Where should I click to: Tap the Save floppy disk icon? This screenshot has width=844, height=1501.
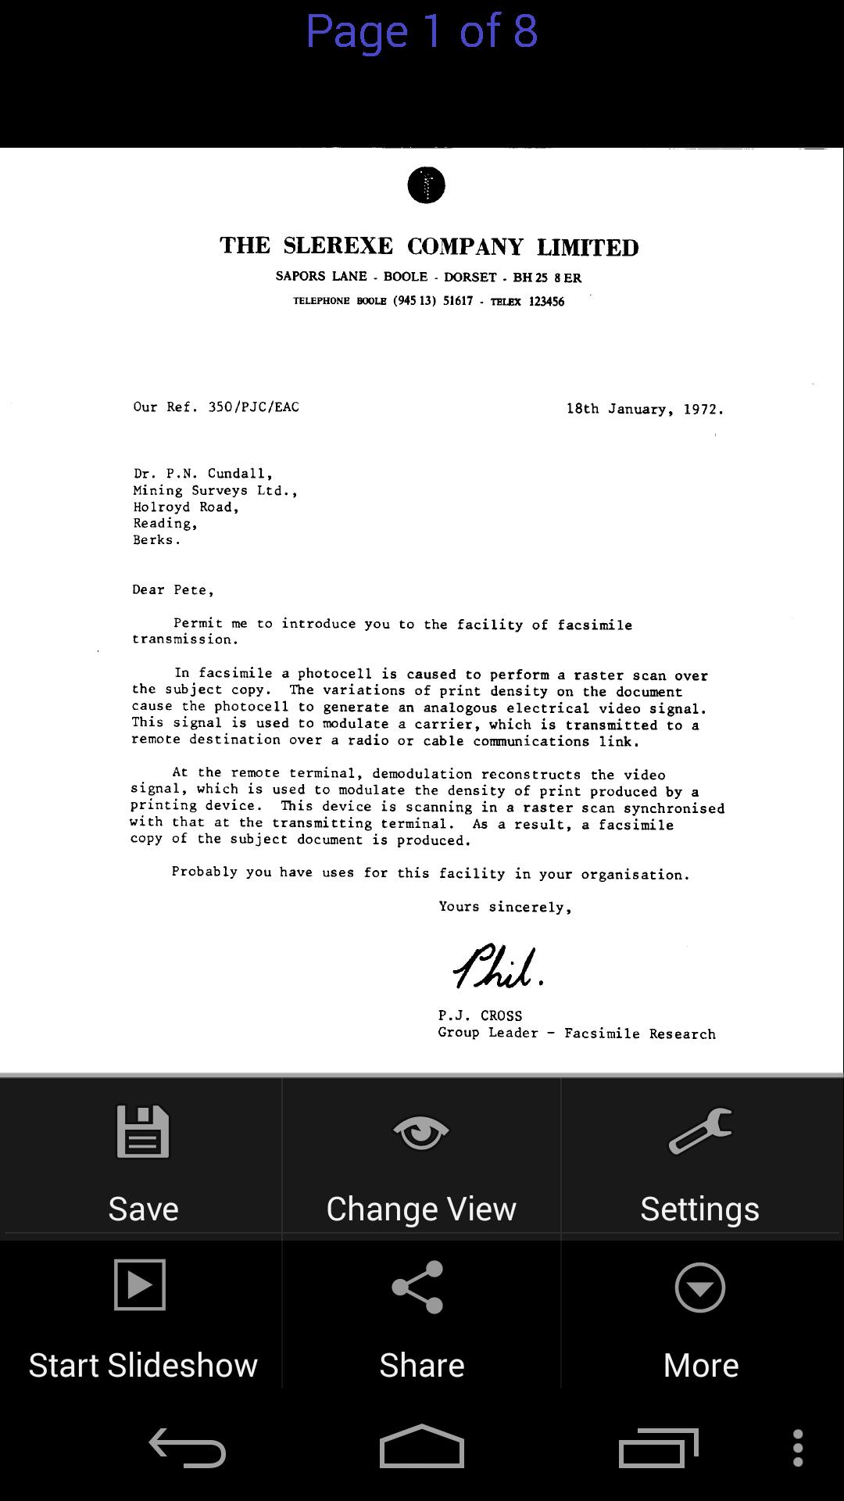pyautogui.click(x=143, y=1131)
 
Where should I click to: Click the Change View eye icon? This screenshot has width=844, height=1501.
pyautogui.click(x=421, y=1132)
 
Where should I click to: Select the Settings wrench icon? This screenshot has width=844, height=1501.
pyautogui.click(x=700, y=1131)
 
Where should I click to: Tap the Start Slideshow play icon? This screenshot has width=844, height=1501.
pyautogui.click(x=140, y=1284)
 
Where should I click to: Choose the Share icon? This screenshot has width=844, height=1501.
pyautogui.click(x=418, y=1287)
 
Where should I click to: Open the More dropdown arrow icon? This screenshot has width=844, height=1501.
pyautogui.click(x=699, y=1287)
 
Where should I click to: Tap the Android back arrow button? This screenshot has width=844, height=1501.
pyautogui.click(x=188, y=1447)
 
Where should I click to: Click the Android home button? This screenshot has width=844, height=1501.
pyautogui.click(x=422, y=1447)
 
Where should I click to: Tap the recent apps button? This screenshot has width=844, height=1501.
pyautogui.click(x=658, y=1448)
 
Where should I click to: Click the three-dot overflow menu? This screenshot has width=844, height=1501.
pyautogui.click(x=797, y=1448)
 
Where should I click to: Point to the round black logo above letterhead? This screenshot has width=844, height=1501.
pyautogui.click(x=426, y=185)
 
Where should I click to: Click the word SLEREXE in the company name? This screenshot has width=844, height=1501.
pyautogui.click(x=338, y=245)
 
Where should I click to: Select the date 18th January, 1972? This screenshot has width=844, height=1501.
pyautogui.click(x=645, y=409)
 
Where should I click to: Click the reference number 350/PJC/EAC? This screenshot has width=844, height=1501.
pyautogui.click(x=253, y=407)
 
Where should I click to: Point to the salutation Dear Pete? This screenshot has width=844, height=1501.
pyautogui.click(x=173, y=590)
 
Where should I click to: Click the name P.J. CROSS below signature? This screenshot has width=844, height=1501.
pyautogui.click(x=480, y=1016)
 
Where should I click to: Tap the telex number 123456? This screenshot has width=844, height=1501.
pyautogui.click(x=546, y=302)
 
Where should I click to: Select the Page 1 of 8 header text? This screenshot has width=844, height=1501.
pyautogui.click(x=421, y=31)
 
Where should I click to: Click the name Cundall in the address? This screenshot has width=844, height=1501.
pyautogui.click(x=239, y=474)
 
